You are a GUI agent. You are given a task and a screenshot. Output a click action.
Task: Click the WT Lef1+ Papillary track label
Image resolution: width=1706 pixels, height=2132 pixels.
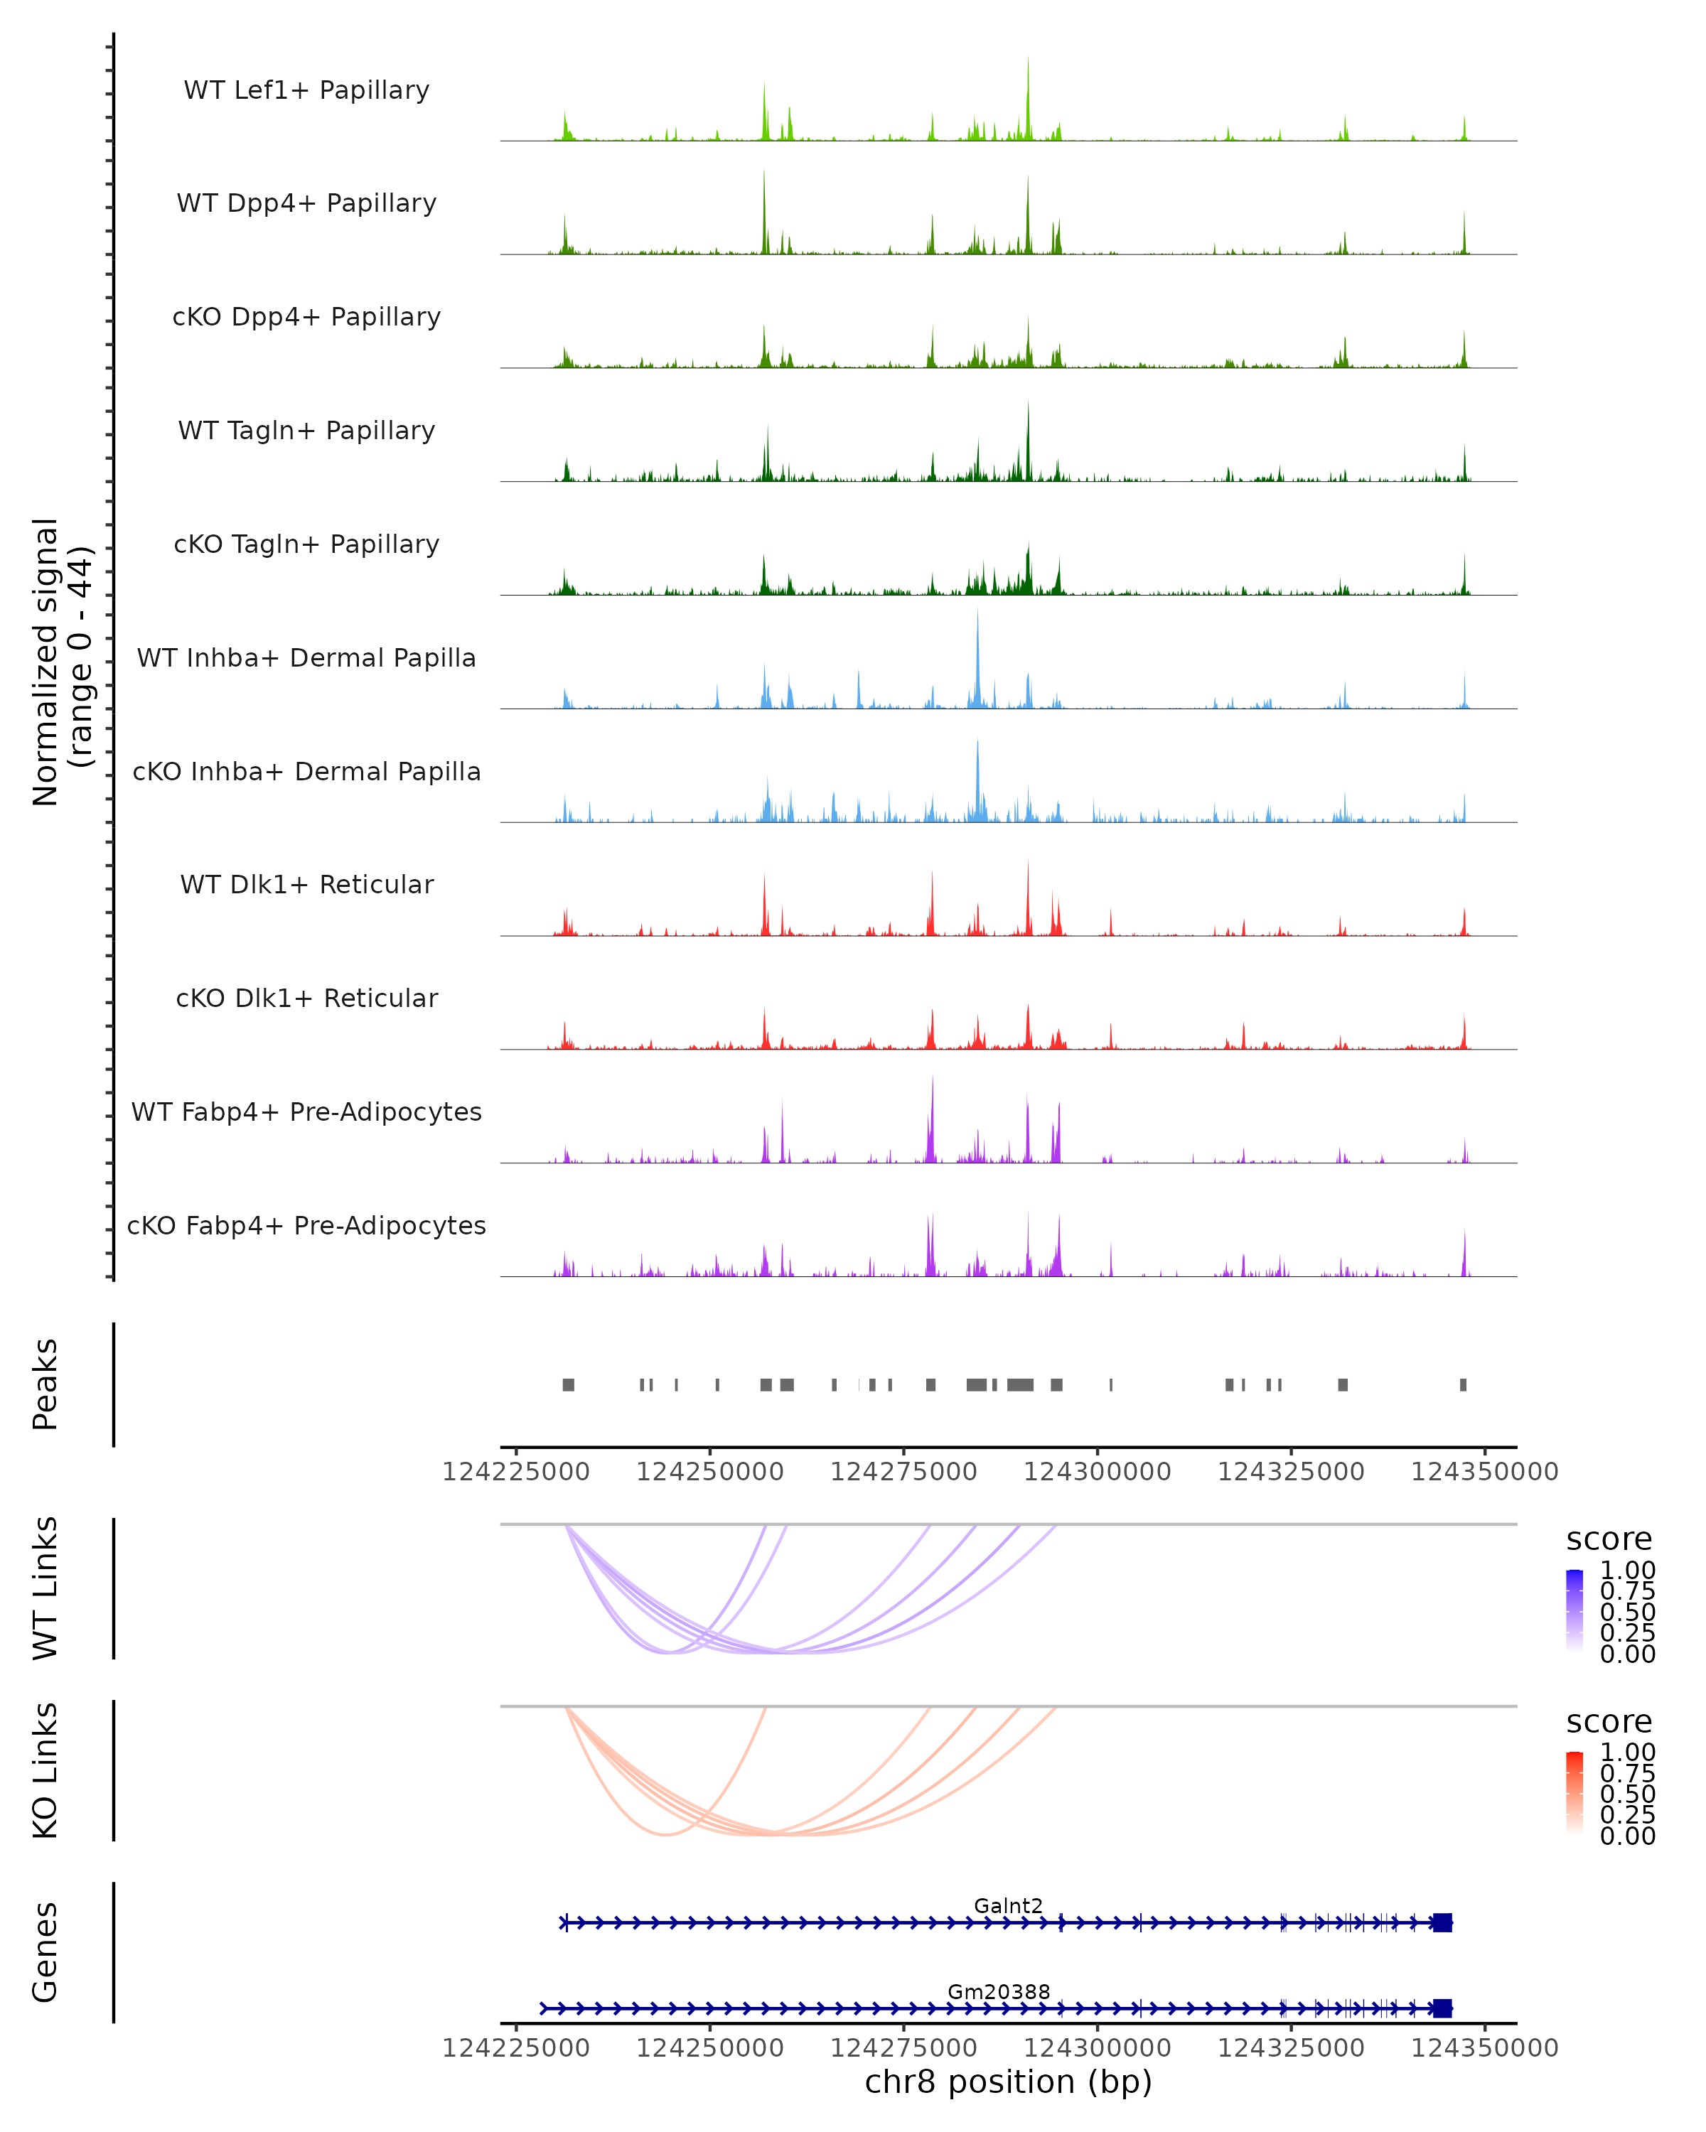click(x=306, y=90)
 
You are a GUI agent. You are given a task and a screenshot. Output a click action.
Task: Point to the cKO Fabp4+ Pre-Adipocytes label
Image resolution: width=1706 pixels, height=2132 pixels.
click(x=306, y=1225)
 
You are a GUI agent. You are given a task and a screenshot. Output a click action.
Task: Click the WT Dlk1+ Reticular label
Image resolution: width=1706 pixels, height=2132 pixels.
click(x=306, y=884)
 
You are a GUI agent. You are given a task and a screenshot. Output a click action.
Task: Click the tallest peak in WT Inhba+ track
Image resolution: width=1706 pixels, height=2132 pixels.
click(x=977, y=618)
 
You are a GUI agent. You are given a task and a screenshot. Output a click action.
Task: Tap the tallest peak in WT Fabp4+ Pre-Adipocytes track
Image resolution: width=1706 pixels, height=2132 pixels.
click(x=932, y=1083)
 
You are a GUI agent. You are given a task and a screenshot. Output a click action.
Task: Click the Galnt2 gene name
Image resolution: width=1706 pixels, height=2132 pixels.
click(x=1008, y=1905)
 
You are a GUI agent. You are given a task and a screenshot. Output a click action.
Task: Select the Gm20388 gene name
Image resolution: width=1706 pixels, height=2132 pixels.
click(x=999, y=1991)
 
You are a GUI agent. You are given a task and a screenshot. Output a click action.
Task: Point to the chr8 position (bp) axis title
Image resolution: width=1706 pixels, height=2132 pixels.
click(x=1008, y=2082)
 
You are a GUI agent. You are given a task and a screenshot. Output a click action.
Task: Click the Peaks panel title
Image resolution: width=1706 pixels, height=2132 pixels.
click(x=45, y=1384)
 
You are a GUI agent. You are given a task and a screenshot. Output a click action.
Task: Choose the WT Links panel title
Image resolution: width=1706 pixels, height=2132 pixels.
click(x=45, y=1587)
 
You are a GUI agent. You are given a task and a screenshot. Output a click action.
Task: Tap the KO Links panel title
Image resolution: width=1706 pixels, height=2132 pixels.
click(x=45, y=1770)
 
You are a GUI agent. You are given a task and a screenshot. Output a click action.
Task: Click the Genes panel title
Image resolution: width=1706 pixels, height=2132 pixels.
click(x=45, y=1952)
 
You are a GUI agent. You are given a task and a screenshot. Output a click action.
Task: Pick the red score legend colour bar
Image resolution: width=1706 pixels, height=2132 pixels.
click(x=1574, y=1793)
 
